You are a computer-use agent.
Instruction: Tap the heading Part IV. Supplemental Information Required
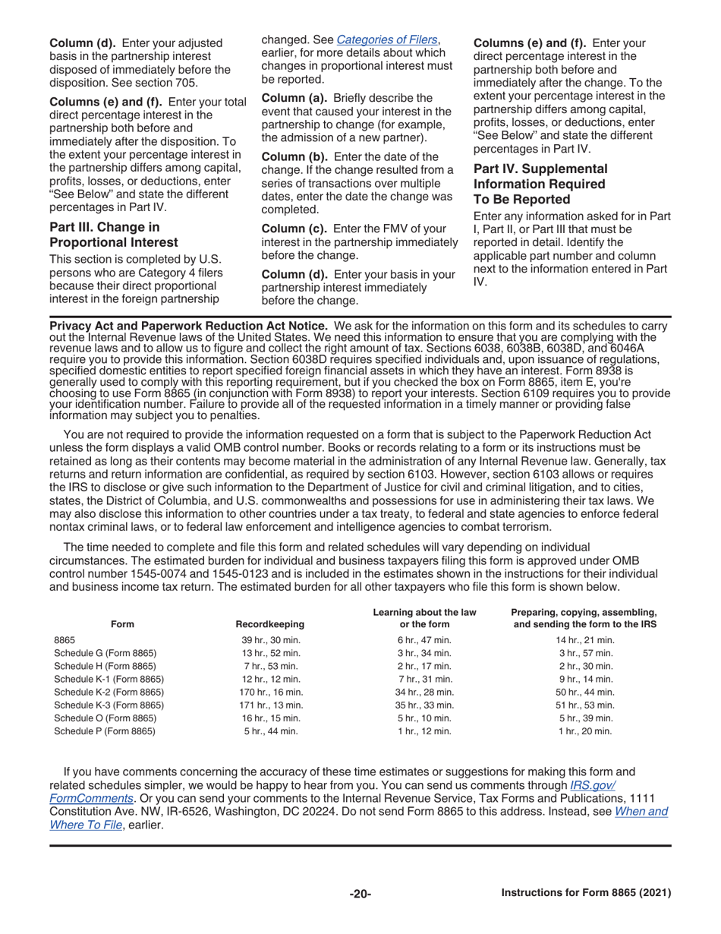[x=540, y=184]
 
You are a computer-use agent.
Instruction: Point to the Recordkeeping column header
[x=270, y=624]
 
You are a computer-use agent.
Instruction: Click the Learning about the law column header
[x=424, y=618]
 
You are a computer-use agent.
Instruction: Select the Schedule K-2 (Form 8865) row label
[x=109, y=692]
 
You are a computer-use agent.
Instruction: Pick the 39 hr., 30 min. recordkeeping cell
[x=271, y=640]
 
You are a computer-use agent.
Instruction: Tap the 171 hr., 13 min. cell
[x=271, y=705]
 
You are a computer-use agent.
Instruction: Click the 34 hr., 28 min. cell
[x=424, y=692]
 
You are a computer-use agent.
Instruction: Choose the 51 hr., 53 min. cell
[x=585, y=705]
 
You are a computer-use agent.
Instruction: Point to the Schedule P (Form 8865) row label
[x=105, y=731]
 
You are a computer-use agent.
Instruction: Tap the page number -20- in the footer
[x=360, y=894]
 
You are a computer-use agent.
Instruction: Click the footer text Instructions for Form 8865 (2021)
[x=586, y=893]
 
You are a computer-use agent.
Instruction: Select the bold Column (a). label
[x=294, y=98]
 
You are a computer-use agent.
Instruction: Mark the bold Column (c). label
[x=294, y=229]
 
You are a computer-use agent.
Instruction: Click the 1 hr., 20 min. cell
[x=585, y=731]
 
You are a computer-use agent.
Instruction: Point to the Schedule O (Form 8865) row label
[x=105, y=718]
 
